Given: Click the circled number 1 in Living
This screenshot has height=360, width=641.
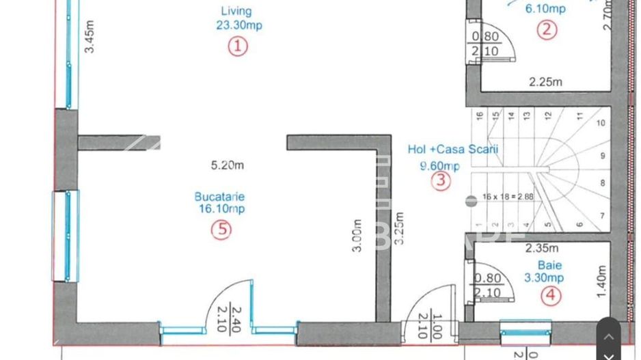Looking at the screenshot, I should point(237,46).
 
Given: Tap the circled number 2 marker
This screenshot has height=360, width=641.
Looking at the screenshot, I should point(546,29).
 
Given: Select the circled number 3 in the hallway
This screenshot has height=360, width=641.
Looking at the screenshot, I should point(441,180).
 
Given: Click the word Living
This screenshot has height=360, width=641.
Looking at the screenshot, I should point(236,11).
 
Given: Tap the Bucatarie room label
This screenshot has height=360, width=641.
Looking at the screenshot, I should point(221,197).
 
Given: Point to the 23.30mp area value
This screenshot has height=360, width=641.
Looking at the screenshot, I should point(236,25).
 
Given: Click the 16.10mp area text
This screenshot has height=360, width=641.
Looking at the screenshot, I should point(221,210).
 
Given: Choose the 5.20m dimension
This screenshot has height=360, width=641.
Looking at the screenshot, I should point(227,164).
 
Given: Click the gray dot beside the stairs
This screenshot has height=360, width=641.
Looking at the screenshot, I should point(471,201).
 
